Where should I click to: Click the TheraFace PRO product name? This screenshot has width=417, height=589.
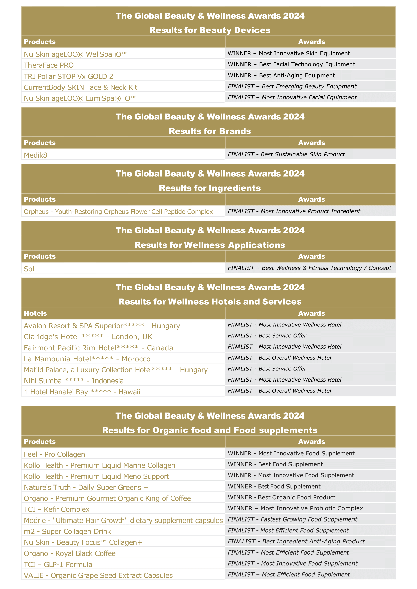(x=49, y=65)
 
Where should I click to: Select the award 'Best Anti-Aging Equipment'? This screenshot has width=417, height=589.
(x=281, y=76)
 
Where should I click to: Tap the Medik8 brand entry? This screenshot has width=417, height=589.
(x=36, y=155)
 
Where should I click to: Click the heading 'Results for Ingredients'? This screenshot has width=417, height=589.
(x=210, y=188)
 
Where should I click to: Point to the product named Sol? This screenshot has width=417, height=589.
(x=29, y=269)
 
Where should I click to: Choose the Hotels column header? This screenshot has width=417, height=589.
(x=36, y=313)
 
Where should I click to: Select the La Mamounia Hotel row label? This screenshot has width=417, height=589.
(x=87, y=359)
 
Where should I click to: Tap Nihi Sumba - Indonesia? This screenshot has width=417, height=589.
(x=74, y=381)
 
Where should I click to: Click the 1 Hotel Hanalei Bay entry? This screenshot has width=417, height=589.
(x=82, y=392)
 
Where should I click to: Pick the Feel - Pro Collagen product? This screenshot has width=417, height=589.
(x=54, y=454)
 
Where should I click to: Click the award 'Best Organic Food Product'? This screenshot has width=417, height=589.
(x=281, y=497)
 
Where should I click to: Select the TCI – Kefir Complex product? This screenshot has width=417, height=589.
(x=57, y=509)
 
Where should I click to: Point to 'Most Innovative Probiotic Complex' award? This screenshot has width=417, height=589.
(x=295, y=508)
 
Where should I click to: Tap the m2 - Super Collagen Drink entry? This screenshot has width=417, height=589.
(x=67, y=531)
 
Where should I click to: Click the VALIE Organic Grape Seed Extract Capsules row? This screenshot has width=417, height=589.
(x=98, y=575)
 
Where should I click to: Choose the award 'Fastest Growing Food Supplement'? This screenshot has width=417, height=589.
(x=292, y=519)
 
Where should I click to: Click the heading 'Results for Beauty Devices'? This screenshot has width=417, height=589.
(x=210, y=30)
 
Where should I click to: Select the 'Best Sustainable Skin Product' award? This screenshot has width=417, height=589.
(x=286, y=154)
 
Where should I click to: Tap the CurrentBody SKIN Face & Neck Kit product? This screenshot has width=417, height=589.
(x=81, y=88)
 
